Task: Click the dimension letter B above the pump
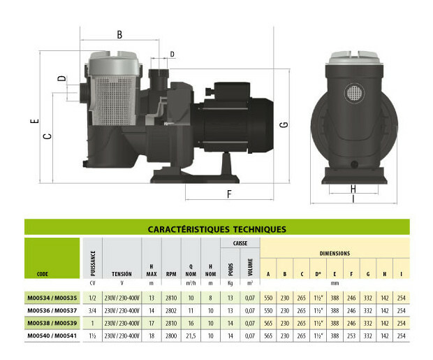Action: coord(119,34)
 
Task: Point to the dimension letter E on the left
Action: coord(34,121)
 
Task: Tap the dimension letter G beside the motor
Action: coord(283,124)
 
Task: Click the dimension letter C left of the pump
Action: coord(47,137)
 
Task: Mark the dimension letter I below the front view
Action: coord(353,199)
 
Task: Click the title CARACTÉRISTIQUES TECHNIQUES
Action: coord(217,229)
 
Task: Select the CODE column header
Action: coord(42,274)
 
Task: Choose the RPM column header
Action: coord(171,274)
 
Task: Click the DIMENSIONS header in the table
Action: coord(335,253)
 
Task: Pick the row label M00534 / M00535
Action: coord(52,298)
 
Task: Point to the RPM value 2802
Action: coord(171,310)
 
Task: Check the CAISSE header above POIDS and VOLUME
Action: coord(230,243)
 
